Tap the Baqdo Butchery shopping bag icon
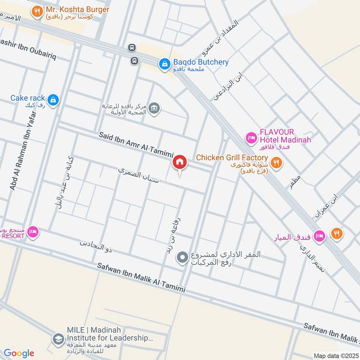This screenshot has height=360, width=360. tap(164, 65)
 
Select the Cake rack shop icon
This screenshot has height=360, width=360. tap(53, 100)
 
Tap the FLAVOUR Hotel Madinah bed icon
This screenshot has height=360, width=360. tap(250, 136)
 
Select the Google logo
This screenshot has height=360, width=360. tap(19, 353)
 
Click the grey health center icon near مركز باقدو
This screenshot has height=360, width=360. tap(154, 108)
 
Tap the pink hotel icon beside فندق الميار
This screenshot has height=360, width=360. tap(319, 235)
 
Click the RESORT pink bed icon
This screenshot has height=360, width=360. tap(33, 232)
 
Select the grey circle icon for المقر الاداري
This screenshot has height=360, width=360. tap(182, 257)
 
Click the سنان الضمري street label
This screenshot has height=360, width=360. tap(138, 176)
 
